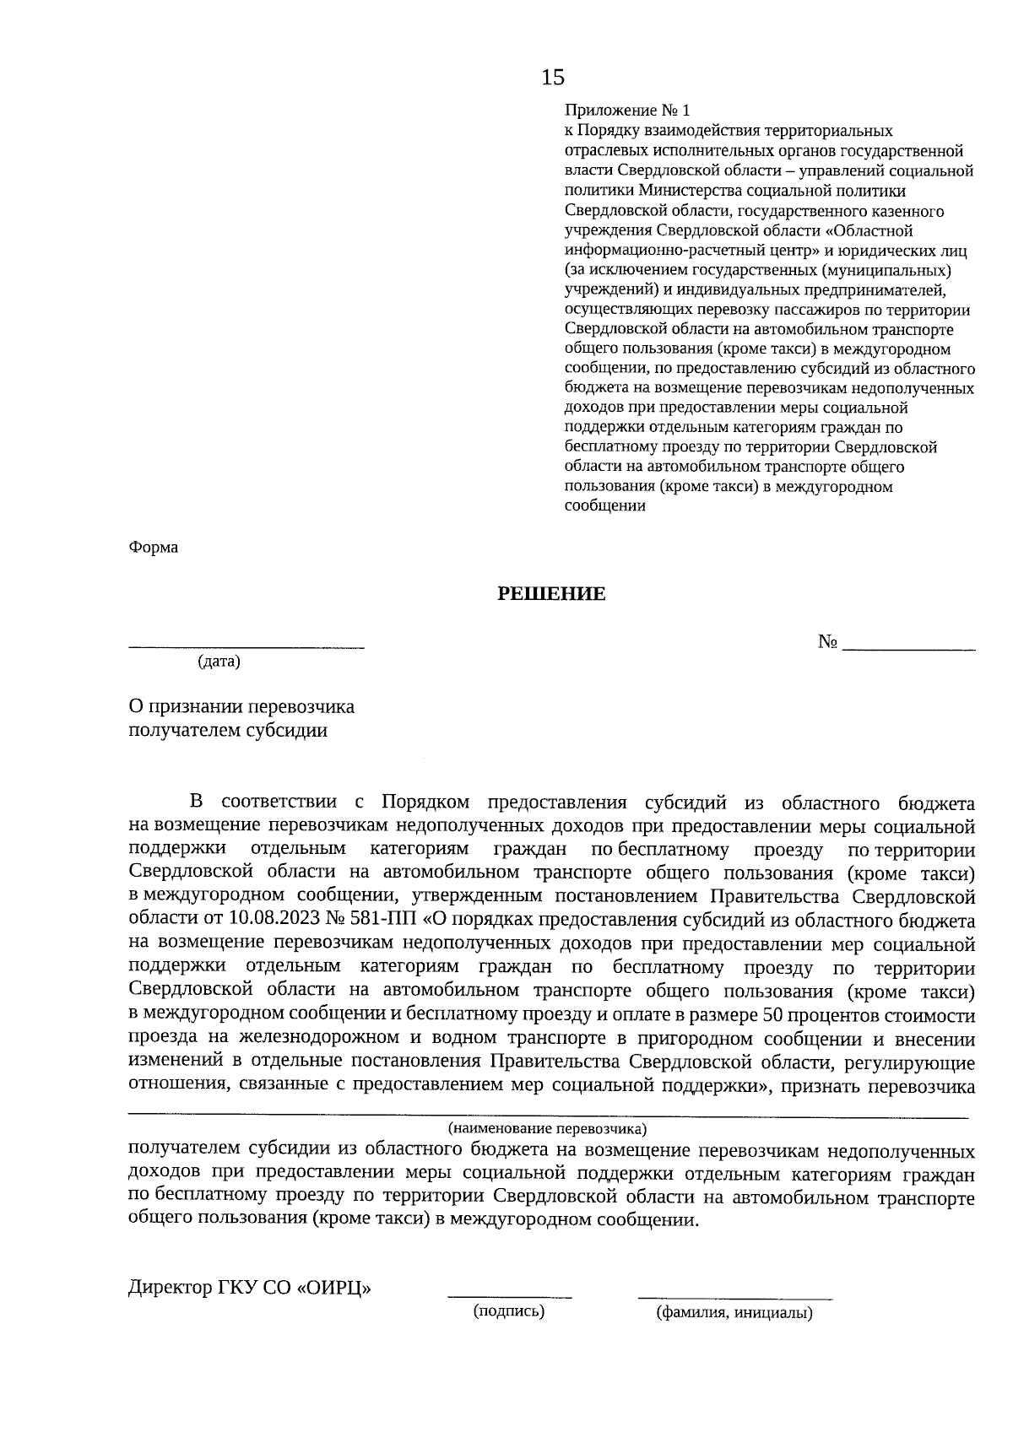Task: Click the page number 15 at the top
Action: click(553, 78)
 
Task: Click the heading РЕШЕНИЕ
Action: click(551, 594)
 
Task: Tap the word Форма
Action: click(153, 547)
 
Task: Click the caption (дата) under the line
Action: click(219, 662)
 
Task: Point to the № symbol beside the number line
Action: click(826, 642)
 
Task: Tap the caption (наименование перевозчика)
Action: click(547, 1127)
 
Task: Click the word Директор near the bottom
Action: click(166, 1289)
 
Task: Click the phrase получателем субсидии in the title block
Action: click(227, 730)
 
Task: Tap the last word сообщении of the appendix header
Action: click(604, 505)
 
